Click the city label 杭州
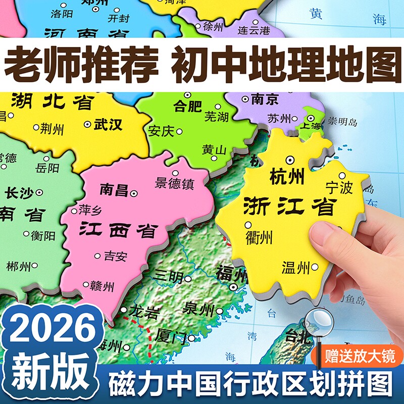[x=287, y=177]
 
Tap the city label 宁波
[x=339, y=188]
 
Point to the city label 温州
[x=295, y=268]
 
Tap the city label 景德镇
[x=175, y=183]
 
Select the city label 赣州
[x=102, y=287]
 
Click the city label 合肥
[x=187, y=106]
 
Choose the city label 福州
[x=230, y=275]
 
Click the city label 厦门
[x=172, y=337]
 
